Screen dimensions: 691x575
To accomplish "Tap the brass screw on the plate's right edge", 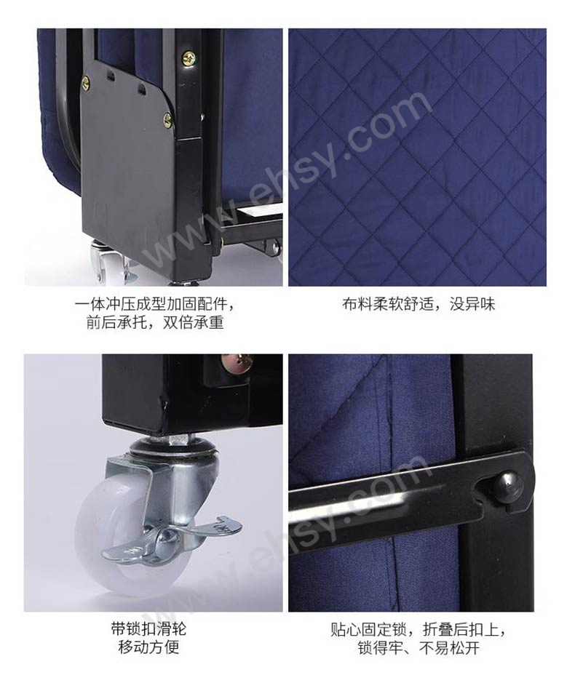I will point(167,120).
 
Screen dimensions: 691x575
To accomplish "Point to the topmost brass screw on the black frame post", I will point(189,57).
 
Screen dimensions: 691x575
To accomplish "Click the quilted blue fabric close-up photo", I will point(417,156).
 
